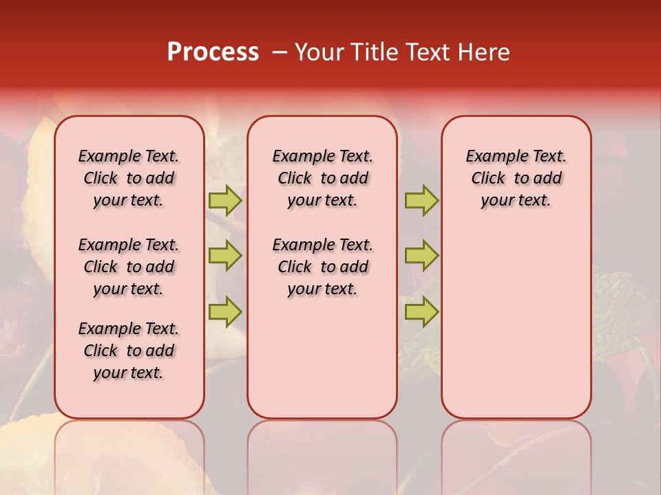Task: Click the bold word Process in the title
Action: [213, 52]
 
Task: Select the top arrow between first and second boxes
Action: [225, 201]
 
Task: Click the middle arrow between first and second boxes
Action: [225, 256]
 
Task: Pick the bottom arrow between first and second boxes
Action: [225, 311]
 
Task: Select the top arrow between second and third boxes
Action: [421, 201]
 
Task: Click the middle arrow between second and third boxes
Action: [421, 256]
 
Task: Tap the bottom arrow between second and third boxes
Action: [421, 311]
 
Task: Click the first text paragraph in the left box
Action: [129, 178]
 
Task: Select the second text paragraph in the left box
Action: [129, 267]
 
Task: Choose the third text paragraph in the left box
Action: [129, 351]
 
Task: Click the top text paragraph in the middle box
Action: [322, 178]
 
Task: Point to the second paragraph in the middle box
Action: [322, 267]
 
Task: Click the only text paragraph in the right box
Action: [516, 178]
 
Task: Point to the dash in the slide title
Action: [280, 53]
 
